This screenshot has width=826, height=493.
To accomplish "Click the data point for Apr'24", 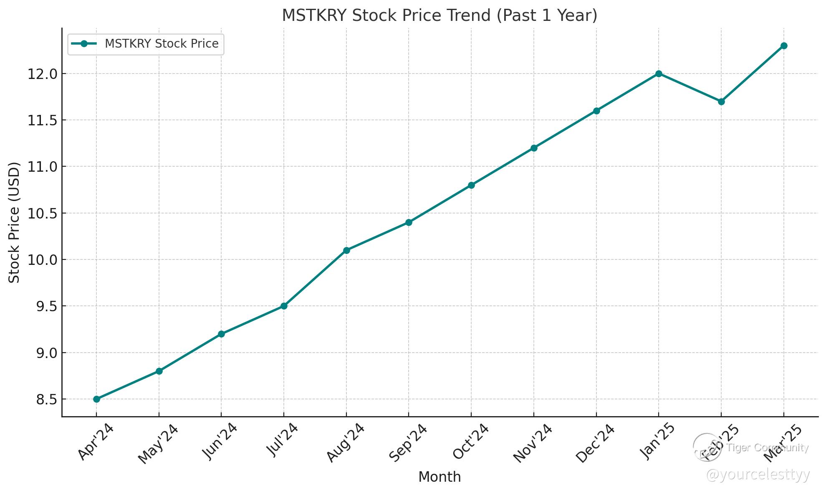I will point(96,399).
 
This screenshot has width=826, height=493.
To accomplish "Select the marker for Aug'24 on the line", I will point(346,250).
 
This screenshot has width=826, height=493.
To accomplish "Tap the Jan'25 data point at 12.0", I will point(659,74).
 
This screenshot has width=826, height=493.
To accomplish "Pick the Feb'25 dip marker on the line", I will point(721,102).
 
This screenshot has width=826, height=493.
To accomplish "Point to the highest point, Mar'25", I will point(784,46).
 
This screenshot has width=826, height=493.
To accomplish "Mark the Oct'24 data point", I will point(471,185).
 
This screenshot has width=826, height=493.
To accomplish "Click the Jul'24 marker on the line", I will point(284,306).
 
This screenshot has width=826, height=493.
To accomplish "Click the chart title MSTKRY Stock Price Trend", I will point(440,15).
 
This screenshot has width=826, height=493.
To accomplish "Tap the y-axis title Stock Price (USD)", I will point(14,222).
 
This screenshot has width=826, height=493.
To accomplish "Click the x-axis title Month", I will point(440,477).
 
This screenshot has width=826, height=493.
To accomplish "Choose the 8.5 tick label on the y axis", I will point(46,399).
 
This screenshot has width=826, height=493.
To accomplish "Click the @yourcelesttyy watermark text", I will point(758,475).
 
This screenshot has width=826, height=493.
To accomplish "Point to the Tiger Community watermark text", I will point(767,447).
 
